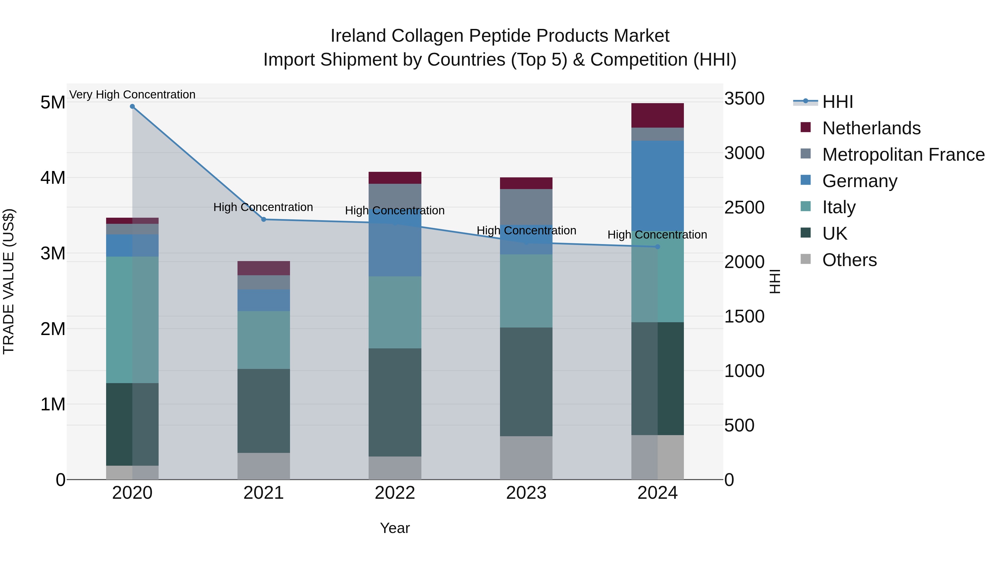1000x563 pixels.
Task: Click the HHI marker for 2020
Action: (132, 106)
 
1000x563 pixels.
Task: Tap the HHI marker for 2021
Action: (264, 220)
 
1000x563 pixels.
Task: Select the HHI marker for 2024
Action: (657, 247)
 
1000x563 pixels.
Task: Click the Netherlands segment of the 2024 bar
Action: (657, 115)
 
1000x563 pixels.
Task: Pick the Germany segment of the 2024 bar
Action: (657, 186)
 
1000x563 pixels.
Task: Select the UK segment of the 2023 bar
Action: (526, 381)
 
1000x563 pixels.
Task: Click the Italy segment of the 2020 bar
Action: (132, 319)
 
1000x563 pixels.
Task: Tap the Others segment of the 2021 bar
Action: (264, 466)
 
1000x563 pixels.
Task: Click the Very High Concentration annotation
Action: (132, 95)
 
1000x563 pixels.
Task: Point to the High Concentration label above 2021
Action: (263, 207)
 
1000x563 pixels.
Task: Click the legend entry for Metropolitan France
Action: (903, 155)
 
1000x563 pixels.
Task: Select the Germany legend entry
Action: (859, 181)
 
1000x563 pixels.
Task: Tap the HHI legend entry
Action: (837, 102)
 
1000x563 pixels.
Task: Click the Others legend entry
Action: (849, 260)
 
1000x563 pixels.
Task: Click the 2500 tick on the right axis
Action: (744, 207)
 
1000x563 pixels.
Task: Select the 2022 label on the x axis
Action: (395, 493)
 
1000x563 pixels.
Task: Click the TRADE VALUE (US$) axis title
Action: (9, 281)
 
